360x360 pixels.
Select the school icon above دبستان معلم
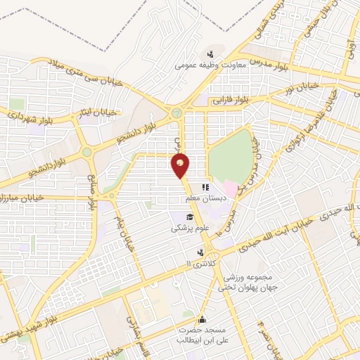[205, 188]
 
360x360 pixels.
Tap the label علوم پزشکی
[188, 229]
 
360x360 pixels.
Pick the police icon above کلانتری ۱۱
[200, 252]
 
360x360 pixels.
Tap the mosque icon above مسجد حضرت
[202, 319]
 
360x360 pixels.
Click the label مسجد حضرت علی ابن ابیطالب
[202, 335]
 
